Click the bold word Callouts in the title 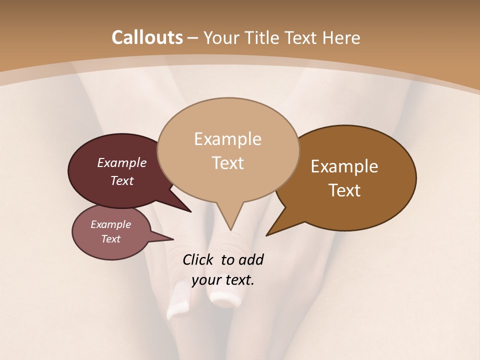147,37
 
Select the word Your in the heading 220,37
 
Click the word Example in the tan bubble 227,139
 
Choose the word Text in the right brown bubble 344,190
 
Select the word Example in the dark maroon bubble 121,163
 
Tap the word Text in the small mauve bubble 111,239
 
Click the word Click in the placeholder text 198,259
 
